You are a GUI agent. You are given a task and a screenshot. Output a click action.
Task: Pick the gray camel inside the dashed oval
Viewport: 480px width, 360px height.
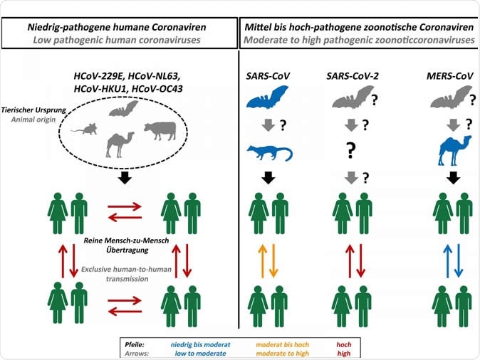tap(119, 144)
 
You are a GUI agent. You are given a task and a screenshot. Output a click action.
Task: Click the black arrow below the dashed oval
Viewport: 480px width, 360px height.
tap(124, 178)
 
